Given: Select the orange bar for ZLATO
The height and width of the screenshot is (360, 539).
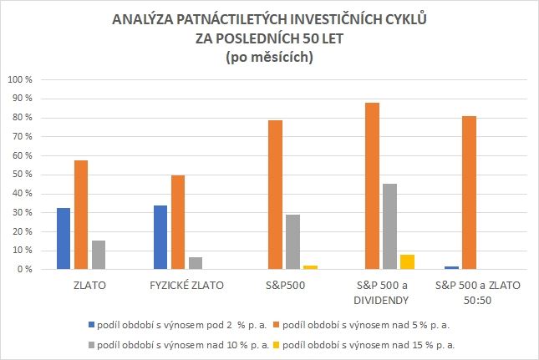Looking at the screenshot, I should click(81, 215).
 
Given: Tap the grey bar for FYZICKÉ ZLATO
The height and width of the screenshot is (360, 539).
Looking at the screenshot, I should click(196, 263).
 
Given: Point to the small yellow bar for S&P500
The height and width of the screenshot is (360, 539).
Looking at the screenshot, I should click(312, 267).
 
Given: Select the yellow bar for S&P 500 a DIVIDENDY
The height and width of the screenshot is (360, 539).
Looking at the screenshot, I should click(409, 262).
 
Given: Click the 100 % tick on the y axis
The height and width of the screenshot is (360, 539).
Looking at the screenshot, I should click(18, 80).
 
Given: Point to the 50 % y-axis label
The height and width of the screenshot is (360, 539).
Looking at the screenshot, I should click(20, 175).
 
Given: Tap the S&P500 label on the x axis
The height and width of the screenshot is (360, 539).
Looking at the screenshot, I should click(285, 286).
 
